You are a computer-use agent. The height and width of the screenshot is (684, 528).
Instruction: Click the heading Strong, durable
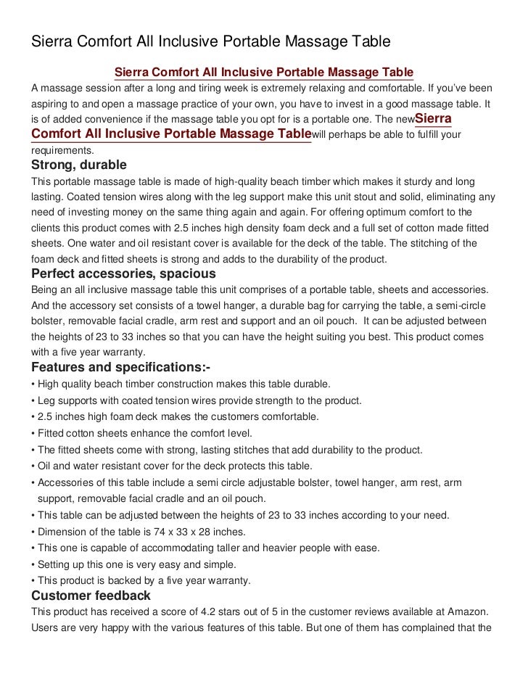(x=78, y=165)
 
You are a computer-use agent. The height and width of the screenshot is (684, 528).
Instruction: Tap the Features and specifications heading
(x=121, y=368)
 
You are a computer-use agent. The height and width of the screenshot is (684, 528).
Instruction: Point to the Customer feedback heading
(x=91, y=596)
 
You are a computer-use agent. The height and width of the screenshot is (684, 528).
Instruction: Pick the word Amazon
(x=468, y=611)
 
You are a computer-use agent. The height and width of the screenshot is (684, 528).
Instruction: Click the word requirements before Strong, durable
(x=62, y=151)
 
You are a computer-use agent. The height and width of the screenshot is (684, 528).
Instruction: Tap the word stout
(x=313, y=196)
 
